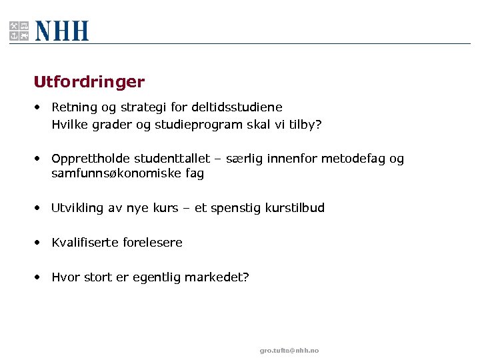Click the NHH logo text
click(x=61, y=31)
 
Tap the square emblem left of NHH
click(x=19, y=31)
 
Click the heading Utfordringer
click(x=89, y=82)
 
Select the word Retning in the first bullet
click(x=73, y=107)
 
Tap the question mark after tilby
click(x=318, y=124)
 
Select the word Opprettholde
click(x=91, y=159)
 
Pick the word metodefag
click(x=353, y=159)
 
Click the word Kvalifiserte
click(x=85, y=243)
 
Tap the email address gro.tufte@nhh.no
click(x=289, y=351)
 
